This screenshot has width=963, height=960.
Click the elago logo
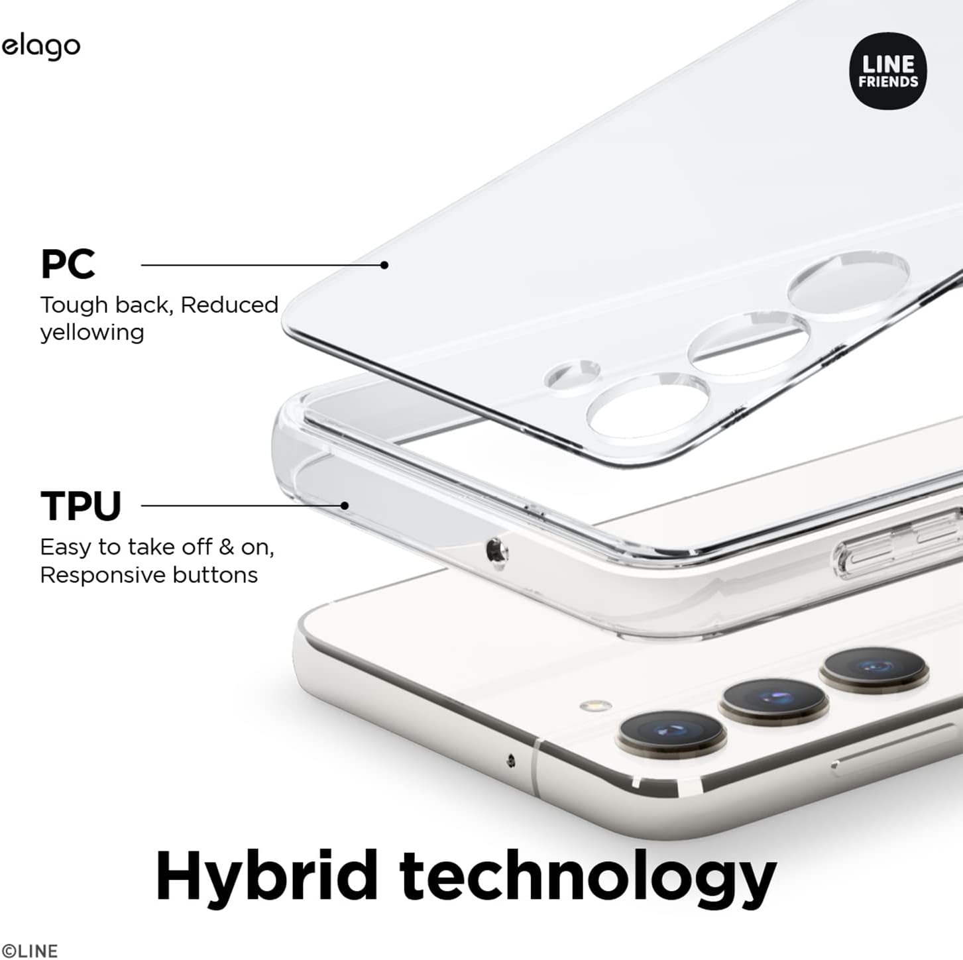pyautogui.click(x=41, y=48)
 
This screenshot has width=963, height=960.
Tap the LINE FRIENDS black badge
pyautogui.click(x=888, y=71)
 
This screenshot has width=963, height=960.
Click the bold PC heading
pyautogui.click(x=68, y=265)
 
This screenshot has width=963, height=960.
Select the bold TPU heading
pyautogui.click(x=81, y=506)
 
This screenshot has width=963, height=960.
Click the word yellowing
pyautogui.click(x=92, y=333)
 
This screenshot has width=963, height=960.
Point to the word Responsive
pyautogui.click(x=103, y=576)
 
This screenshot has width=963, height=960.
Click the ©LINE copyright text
pyautogui.click(x=30, y=951)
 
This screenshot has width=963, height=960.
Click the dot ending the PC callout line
pyautogui.click(x=384, y=266)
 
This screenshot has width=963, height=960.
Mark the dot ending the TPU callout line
pyautogui.click(x=344, y=506)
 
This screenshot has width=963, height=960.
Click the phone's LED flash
pyautogui.click(x=595, y=706)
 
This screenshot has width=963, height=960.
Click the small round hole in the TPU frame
pyautogui.click(x=496, y=550)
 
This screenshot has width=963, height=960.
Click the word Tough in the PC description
pyautogui.click(x=74, y=305)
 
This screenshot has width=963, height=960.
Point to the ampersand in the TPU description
pyautogui.click(x=227, y=547)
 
